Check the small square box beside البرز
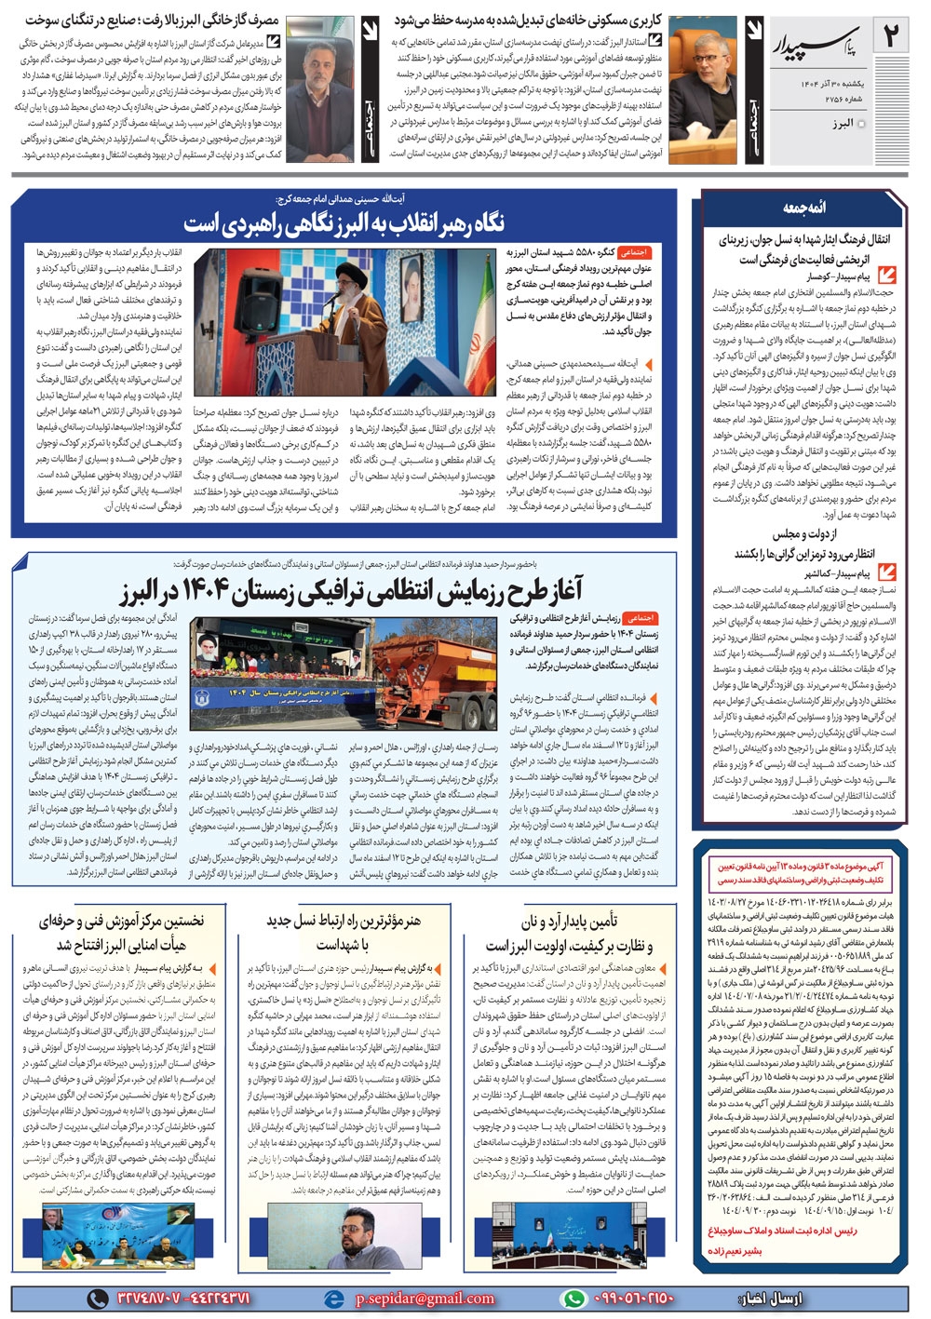pyautogui.click(x=861, y=124)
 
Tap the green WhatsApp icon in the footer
pyautogui.click(x=573, y=1298)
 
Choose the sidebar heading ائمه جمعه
pyautogui.click(x=803, y=207)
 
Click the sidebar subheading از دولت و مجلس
pyautogui.click(x=804, y=533)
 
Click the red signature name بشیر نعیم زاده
pyautogui.click(x=735, y=1250)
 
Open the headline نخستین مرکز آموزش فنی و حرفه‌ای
pyautogui.click(x=121, y=932)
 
